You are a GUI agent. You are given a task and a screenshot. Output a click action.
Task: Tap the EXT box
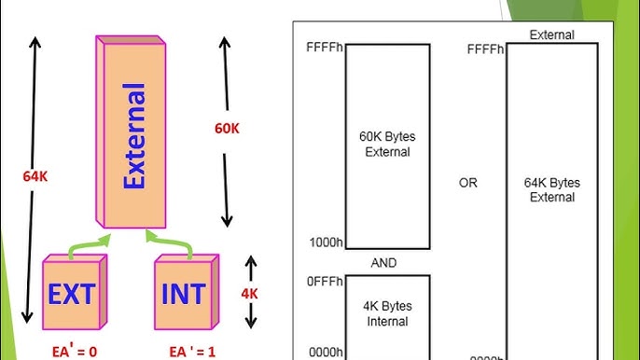pyautogui.click(x=71, y=295)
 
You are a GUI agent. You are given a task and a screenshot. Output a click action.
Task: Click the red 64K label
pyautogui.click(x=35, y=174)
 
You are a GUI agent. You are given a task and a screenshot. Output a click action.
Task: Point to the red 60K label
pyautogui.click(x=227, y=129)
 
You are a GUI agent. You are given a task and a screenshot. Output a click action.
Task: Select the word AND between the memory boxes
pyautogui.click(x=383, y=263)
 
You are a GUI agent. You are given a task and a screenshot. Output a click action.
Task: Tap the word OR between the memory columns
pyautogui.click(x=467, y=183)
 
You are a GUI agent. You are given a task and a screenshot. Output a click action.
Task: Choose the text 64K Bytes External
pyautogui.click(x=553, y=189)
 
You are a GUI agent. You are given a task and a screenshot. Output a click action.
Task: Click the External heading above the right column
pyautogui.click(x=551, y=35)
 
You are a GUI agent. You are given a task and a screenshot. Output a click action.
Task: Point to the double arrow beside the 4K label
pyautogui.click(x=250, y=292)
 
